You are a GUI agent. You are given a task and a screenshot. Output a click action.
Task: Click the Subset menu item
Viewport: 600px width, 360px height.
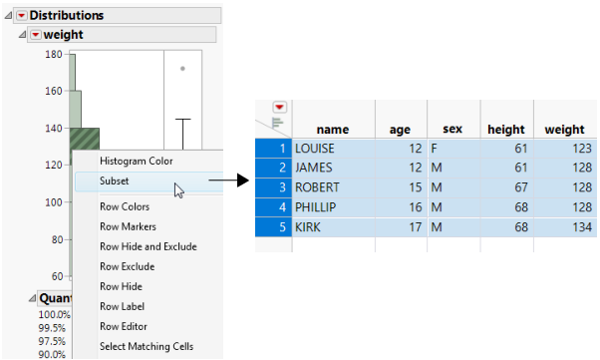pyautogui.click(x=116, y=180)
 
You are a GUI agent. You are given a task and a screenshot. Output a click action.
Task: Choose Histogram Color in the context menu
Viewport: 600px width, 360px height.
pyautogui.click(x=136, y=161)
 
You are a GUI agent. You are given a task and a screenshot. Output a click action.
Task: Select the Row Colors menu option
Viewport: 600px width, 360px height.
pyautogui.click(x=125, y=206)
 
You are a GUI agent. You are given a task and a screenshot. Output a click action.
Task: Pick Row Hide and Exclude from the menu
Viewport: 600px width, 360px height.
pyautogui.click(x=148, y=246)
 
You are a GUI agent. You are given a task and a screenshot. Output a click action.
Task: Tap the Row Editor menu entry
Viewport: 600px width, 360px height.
pyautogui.click(x=125, y=326)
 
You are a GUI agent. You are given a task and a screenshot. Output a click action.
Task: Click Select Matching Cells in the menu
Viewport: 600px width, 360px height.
pyautogui.click(x=147, y=346)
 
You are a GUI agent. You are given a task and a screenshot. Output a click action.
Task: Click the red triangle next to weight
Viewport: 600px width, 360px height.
pyautogui.click(x=36, y=35)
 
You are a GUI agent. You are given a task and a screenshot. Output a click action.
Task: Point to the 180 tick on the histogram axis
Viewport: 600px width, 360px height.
pyautogui.click(x=54, y=55)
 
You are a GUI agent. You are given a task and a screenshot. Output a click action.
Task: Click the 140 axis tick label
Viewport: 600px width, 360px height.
pyautogui.click(x=54, y=129)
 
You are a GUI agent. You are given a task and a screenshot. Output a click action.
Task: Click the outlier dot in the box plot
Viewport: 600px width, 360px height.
pyautogui.click(x=181, y=69)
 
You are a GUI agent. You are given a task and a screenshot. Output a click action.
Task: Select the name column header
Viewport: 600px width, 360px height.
pyautogui.click(x=333, y=129)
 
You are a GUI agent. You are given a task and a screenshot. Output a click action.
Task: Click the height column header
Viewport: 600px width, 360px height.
pyautogui.click(x=505, y=129)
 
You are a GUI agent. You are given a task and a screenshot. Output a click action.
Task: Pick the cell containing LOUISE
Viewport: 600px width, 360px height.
pyautogui.click(x=318, y=148)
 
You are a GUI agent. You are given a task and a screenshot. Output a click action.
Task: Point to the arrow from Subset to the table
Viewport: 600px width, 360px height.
pyautogui.click(x=228, y=180)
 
